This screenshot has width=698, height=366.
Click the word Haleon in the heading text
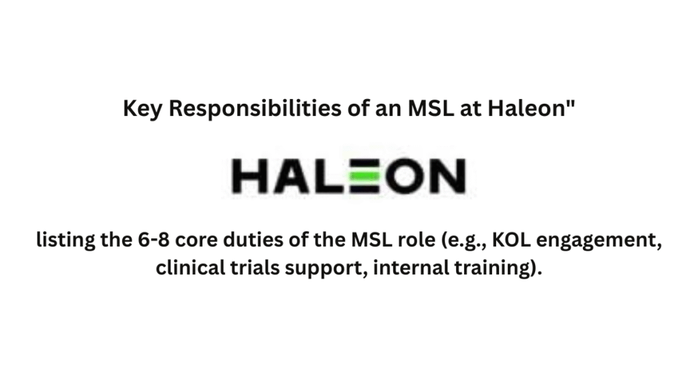[527, 109]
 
